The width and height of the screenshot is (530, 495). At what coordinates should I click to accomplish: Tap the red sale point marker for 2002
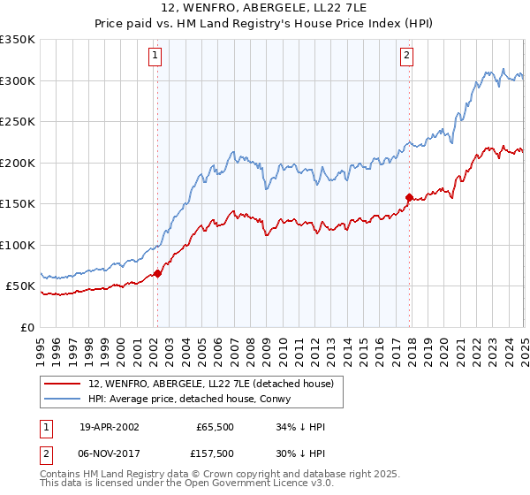click(x=157, y=273)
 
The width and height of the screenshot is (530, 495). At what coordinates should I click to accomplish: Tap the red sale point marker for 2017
click(x=409, y=197)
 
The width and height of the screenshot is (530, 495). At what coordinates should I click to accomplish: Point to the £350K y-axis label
click(x=17, y=40)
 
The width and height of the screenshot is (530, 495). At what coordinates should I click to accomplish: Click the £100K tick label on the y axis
click(x=17, y=245)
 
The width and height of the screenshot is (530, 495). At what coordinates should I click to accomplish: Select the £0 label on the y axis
click(x=26, y=327)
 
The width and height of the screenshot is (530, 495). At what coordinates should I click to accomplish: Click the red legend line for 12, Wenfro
click(x=64, y=384)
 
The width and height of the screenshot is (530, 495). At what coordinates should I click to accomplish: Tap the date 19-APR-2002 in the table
click(x=109, y=427)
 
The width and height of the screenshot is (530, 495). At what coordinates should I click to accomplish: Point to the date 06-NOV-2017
click(x=109, y=453)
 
